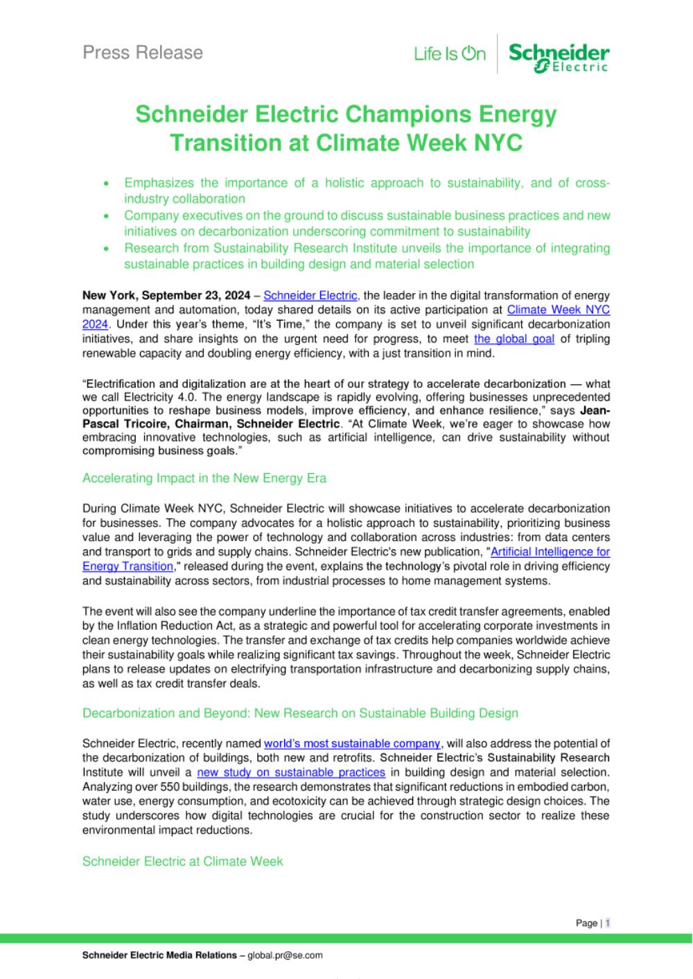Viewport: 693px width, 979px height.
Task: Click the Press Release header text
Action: [143, 53]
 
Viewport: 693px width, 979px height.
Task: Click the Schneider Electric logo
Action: [559, 57]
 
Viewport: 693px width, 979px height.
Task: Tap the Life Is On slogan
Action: [450, 54]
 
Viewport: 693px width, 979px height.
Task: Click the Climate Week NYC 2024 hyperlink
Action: [558, 310]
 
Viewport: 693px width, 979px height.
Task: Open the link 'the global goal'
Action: [514, 339]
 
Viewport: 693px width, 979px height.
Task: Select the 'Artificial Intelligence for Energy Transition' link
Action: [550, 552]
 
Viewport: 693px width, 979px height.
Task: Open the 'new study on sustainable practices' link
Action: [291, 772]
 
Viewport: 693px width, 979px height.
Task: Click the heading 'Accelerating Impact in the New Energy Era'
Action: [204, 478]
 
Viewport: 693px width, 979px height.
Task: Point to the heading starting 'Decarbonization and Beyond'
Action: [300, 713]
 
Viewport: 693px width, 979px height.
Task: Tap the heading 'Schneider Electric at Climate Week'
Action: [183, 861]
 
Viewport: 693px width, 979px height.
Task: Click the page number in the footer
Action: [608, 923]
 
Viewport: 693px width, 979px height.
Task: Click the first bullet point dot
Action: [105, 184]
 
